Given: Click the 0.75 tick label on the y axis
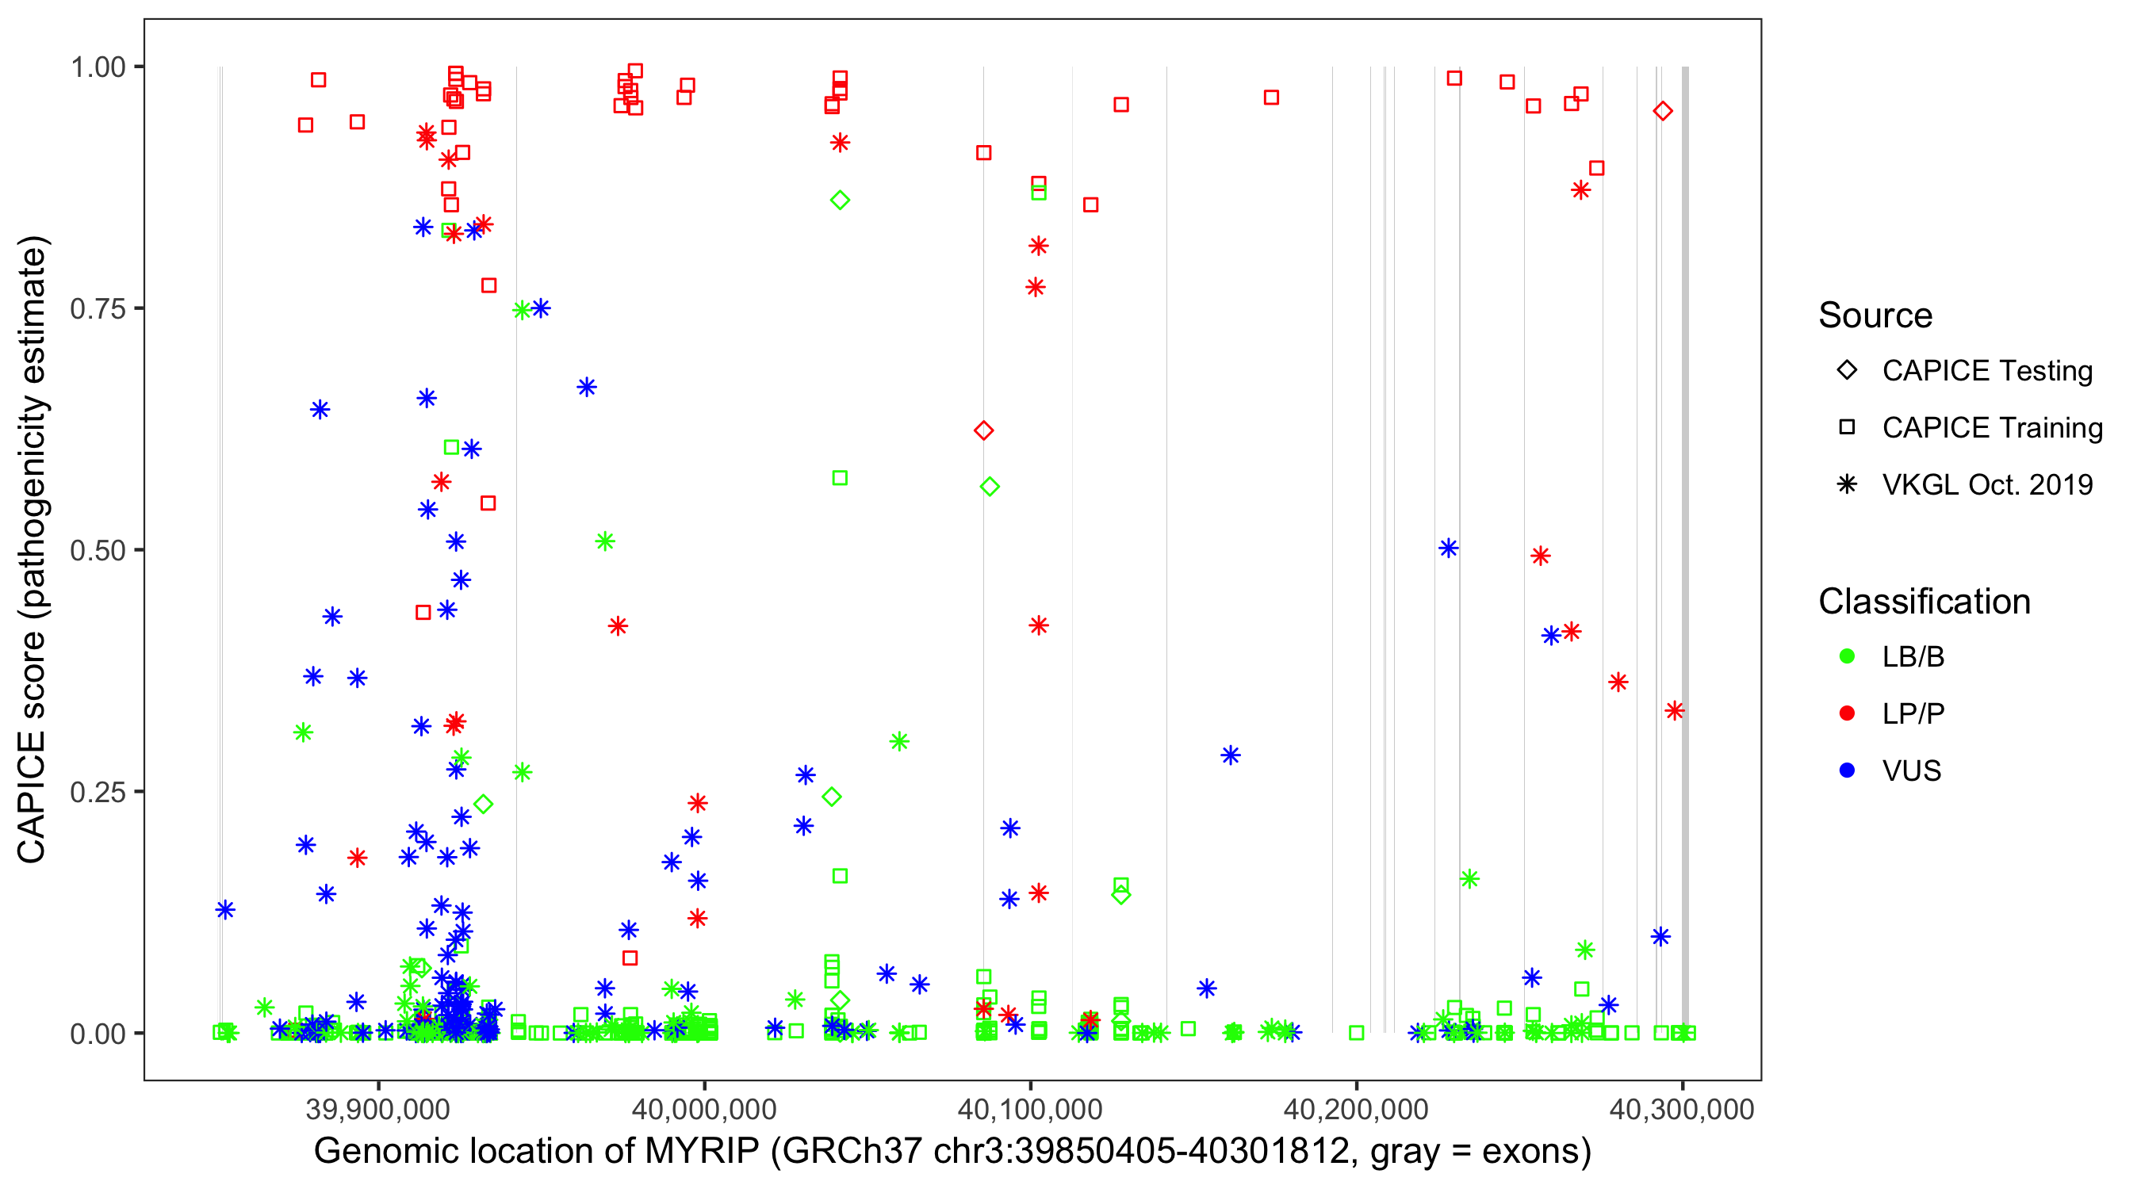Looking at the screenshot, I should click(97, 308).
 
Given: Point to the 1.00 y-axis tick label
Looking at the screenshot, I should click(97, 67).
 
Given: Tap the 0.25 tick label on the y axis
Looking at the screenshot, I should click(97, 792).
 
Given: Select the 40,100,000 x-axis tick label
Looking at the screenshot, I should click(1030, 1109).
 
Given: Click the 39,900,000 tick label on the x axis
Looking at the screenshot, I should click(378, 1109).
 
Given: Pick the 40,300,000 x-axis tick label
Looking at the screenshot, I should click(1681, 1109).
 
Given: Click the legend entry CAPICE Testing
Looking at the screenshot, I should click(1986, 371).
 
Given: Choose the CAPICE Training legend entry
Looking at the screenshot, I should click(1991, 428).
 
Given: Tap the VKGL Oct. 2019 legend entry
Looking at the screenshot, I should click(1986, 484).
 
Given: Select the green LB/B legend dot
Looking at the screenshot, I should click(1847, 656).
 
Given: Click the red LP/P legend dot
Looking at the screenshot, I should click(1847, 713).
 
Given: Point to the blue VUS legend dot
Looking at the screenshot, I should click(1847, 770).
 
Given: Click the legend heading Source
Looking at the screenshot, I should click(1875, 315).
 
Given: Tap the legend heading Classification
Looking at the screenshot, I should click(1924, 602).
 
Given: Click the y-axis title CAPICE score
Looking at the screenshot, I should click(33, 549).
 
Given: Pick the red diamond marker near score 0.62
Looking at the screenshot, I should click(983, 430).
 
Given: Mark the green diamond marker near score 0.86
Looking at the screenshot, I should click(840, 201).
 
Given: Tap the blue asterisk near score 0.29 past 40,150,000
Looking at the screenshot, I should click(1230, 755).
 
